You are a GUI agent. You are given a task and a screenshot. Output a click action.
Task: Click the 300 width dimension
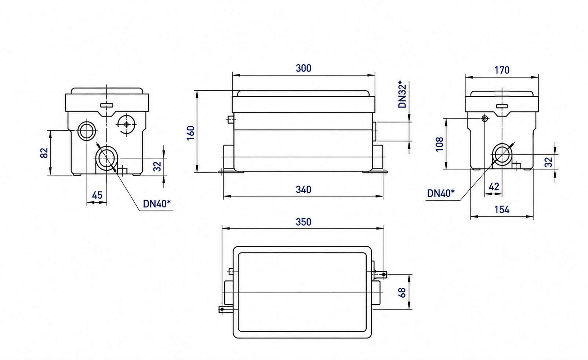tap(304, 68)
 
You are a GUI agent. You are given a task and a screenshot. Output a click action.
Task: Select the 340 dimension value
tap(304, 189)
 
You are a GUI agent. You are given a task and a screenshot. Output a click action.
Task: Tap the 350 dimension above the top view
tap(304, 222)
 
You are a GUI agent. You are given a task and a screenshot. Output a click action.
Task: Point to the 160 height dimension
tap(191, 133)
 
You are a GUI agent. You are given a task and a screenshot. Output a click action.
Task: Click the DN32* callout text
tap(402, 96)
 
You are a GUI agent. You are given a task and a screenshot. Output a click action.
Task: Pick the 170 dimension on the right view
tap(502, 70)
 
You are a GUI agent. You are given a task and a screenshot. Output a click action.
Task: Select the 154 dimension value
tap(502, 210)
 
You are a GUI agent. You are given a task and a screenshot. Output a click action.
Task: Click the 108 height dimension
tap(440, 144)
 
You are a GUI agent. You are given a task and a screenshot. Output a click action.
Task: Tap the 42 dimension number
tap(494, 187)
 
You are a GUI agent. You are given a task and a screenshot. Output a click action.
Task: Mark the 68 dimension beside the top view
tap(402, 292)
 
